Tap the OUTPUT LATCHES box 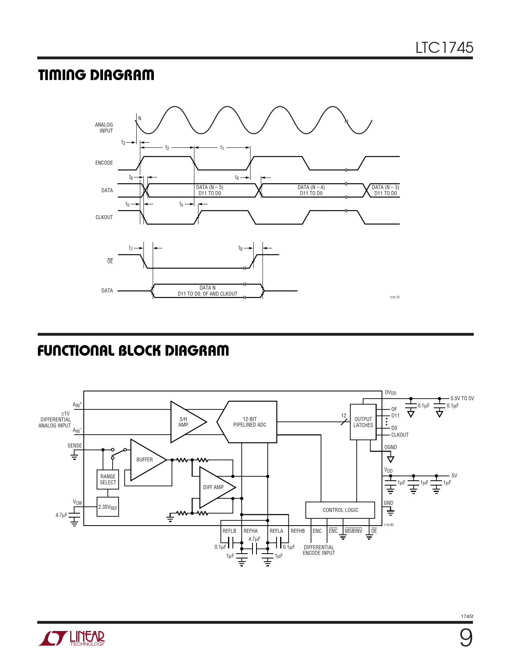point(363,422)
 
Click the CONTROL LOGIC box point(340,510)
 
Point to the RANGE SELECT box point(108,480)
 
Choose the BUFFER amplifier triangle point(145,460)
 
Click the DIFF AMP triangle point(215,487)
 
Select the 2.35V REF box point(108,507)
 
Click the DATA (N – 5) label point(210,187)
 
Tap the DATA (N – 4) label point(311,187)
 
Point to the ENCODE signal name point(104,163)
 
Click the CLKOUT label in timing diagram point(104,217)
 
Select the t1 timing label point(222,148)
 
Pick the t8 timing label point(240,248)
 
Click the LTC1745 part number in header point(444,48)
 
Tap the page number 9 point(466,638)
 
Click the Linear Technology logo point(72,638)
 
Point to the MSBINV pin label point(353,531)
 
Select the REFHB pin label point(298,531)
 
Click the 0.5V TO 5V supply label point(462,398)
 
